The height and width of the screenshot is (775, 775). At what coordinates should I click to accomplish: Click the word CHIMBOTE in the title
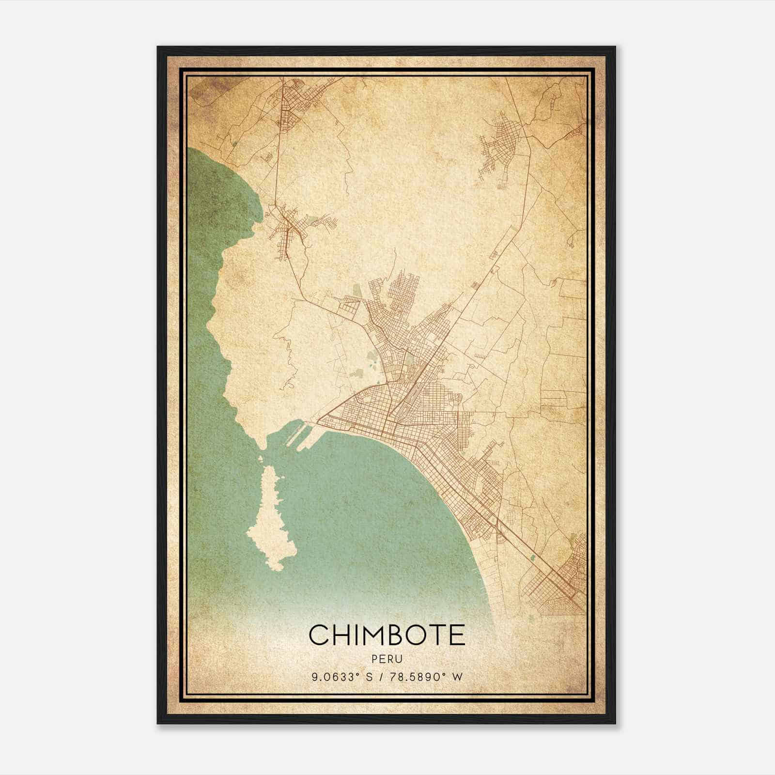[x=387, y=635]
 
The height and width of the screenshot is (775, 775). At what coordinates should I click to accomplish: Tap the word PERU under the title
[x=387, y=659]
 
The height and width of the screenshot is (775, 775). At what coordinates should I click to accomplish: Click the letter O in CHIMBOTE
[x=410, y=635]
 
